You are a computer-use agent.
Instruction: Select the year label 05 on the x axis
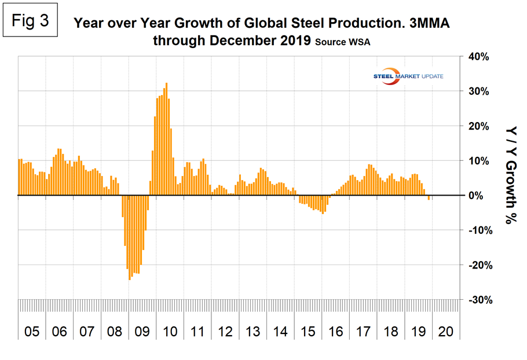[x=31, y=332]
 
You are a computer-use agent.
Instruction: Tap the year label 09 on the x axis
[x=142, y=332]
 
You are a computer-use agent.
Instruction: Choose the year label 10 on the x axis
[x=170, y=332]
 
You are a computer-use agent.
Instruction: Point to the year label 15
[x=308, y=332]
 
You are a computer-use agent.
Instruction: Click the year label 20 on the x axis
[x=447, y=332]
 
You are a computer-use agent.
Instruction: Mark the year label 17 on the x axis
[x=364, y=332]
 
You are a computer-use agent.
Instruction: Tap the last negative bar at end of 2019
[x=429, y=198]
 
